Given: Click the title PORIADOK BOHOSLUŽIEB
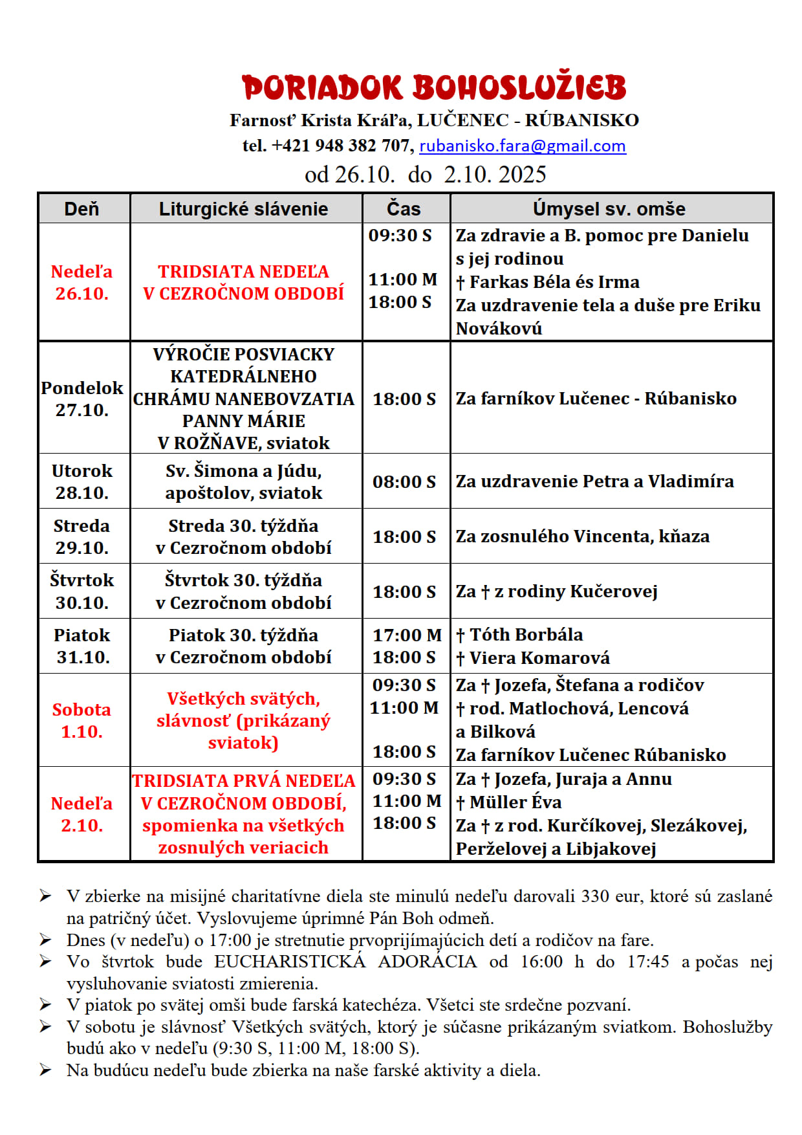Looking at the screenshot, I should (434, 88).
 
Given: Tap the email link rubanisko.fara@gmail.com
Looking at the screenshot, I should (523, 146).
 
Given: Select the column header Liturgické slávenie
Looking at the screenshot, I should (243, 209).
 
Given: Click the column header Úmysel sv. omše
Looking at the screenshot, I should (609, 209).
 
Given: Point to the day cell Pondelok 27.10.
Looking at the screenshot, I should (82, 399).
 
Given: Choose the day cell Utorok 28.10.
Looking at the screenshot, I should (82, 481).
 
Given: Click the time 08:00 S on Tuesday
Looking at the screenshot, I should (404, 482).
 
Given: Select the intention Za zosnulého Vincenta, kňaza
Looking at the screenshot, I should (582, 536).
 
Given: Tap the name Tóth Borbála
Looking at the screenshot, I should (526, 635).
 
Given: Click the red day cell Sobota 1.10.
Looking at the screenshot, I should (81, 720).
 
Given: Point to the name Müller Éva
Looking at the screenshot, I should (515, 802).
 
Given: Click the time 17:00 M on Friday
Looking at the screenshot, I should (407, 635).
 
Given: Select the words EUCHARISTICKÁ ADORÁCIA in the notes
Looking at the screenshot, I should (345, 962).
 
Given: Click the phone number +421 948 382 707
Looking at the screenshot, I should (341, 146).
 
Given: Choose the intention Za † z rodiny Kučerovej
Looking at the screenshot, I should (556, 591).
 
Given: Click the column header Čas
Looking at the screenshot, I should (404, 209).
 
